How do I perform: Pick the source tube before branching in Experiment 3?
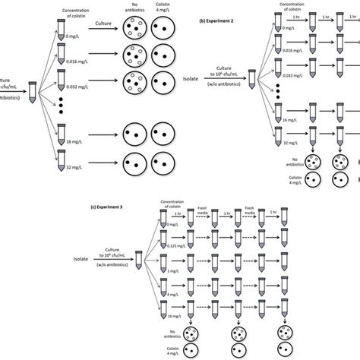(137, 263)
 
